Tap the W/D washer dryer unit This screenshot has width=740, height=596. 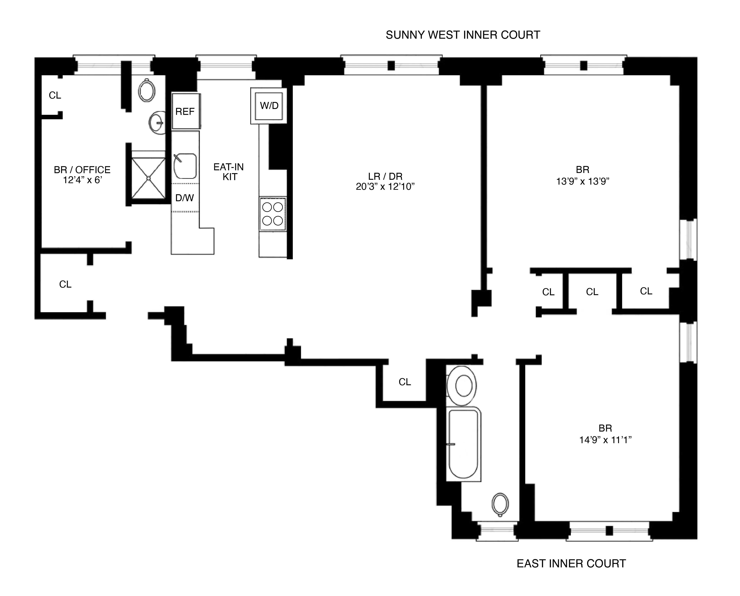tap(269, 106)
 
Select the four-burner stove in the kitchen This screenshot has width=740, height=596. tap(272, 214)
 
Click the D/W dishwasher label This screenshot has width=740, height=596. tap(185, 198)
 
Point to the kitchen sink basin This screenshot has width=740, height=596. tap(185, 166)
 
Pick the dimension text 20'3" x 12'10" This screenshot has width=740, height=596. tap(385, 187)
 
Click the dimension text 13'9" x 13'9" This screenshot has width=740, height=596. tap(582, 181)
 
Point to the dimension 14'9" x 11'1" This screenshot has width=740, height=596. tap(605, 440)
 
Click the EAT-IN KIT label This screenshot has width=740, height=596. tap(229, 172)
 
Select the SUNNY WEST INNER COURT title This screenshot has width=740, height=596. tap(463, 35)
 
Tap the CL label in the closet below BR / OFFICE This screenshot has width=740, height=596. tap(65, 284)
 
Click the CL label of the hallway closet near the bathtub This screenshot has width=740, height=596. tap(405, 382)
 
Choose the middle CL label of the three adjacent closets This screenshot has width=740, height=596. tap(592, 292)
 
